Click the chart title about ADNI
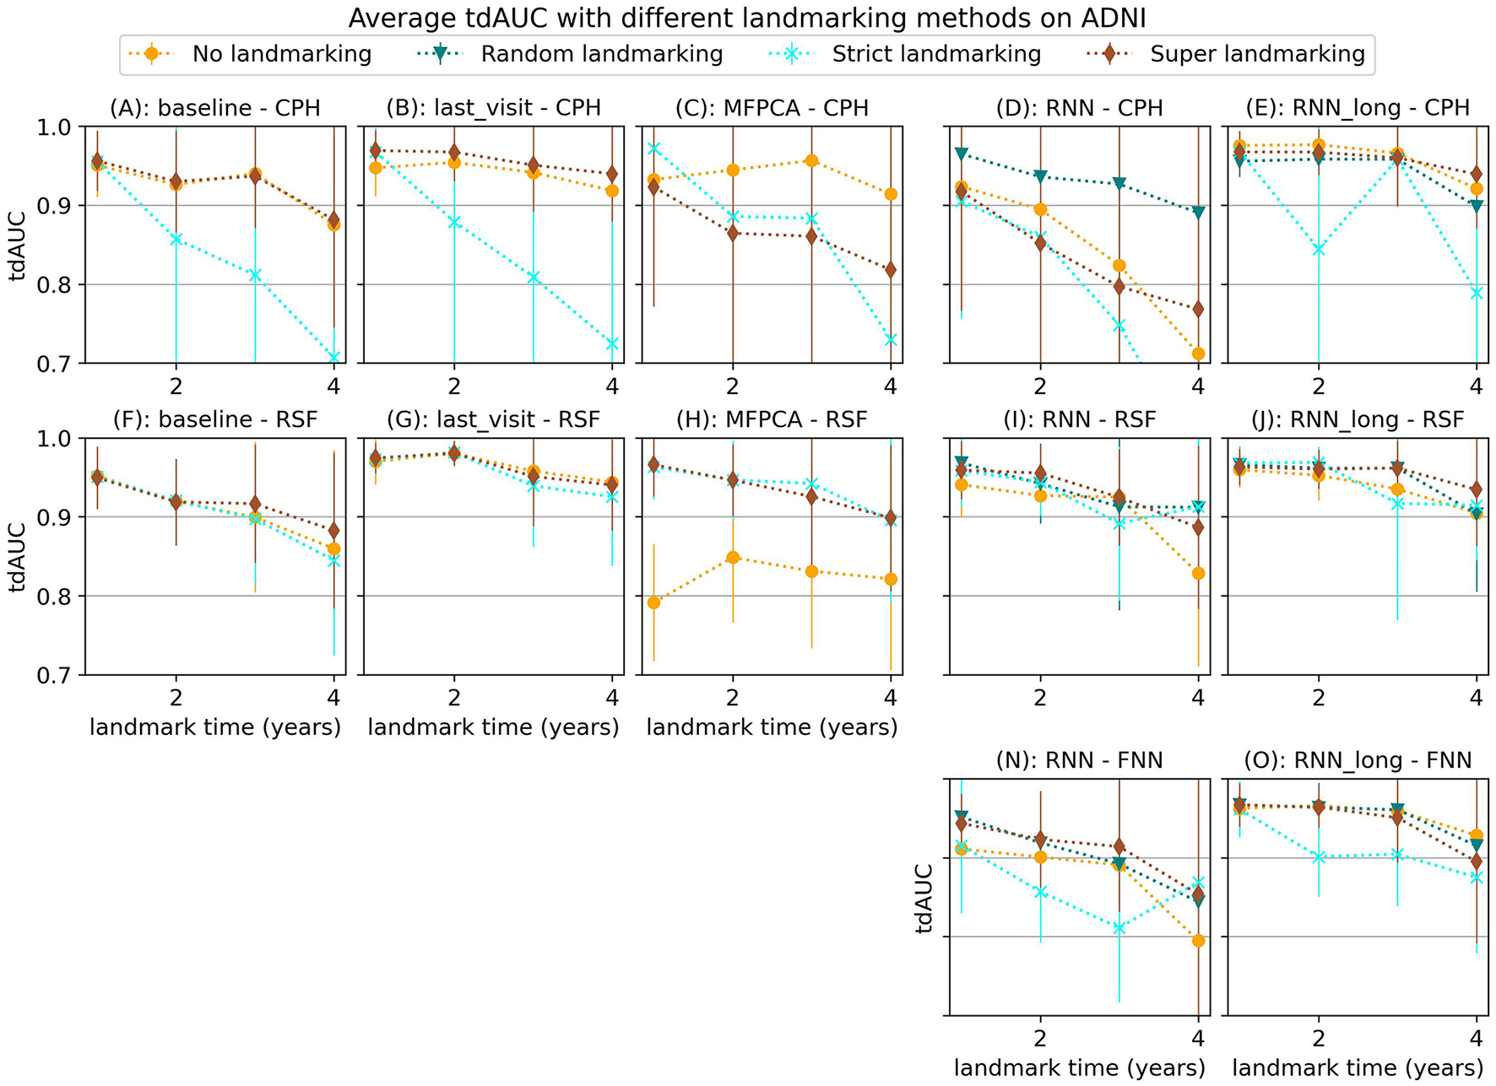747,18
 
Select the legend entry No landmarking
281,54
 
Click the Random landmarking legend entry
601,54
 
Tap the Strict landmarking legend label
935,54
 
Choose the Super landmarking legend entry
1256,54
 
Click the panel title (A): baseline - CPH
215,108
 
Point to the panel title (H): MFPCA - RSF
772,419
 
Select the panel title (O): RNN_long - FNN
1358,760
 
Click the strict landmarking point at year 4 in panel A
333,358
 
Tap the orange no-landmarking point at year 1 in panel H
653,602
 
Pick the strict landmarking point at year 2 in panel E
1319,249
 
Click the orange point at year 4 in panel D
1198,354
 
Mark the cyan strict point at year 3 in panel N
1119,927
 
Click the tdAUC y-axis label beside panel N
924,898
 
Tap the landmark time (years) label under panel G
493,727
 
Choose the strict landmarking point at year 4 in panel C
891,339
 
